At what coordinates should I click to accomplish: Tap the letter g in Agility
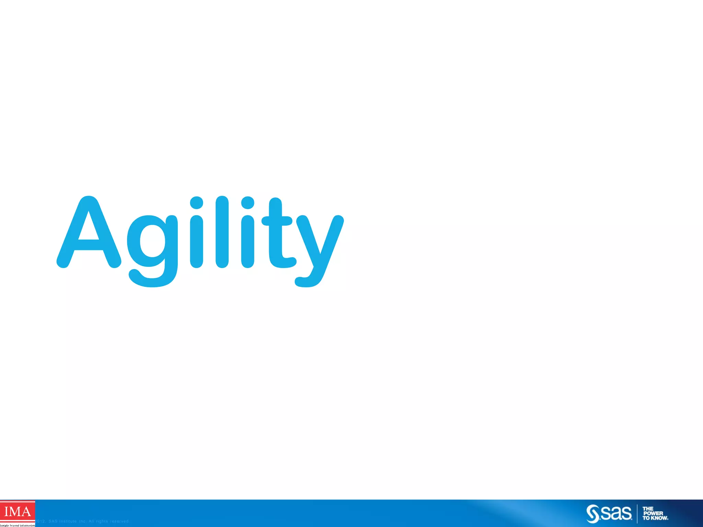(x=153, y=247)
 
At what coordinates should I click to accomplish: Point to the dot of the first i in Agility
(x=196, y=202)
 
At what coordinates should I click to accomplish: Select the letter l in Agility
(x=222, y=232)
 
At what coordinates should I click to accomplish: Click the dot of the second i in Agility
(x=247, y=202)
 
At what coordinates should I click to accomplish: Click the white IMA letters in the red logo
(x=17, y=512)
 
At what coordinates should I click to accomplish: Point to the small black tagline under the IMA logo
(x=17, y=525)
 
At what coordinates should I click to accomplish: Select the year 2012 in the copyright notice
(x=41, y=522)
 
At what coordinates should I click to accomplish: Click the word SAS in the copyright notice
(x=53, y=522)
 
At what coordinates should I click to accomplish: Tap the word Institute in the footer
(x=68, y=522)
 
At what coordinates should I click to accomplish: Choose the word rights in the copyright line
(x=102, y=522)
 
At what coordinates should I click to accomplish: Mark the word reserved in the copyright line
(x=119, y=522)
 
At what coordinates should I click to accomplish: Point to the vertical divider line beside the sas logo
(x=637, y=514)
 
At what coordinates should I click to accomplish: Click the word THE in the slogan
(x=648, y=509)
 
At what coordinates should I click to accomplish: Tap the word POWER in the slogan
(x=653, y=514)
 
